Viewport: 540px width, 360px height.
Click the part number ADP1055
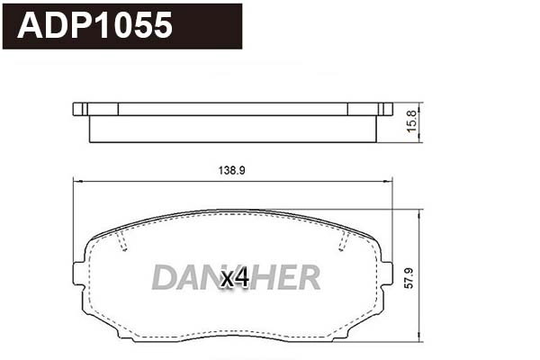pyautogui.click(x=94, y=26)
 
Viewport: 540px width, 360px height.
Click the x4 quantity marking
pyautogui.click(x=235, y=279)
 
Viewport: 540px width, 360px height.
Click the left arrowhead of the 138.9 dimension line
pyautogui.click(x=75, y=180)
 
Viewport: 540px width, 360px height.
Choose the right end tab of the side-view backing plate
pyautogui.click(x=385, y=110)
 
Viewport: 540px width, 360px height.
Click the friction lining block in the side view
pyautogui.click(x=232, y=130)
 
